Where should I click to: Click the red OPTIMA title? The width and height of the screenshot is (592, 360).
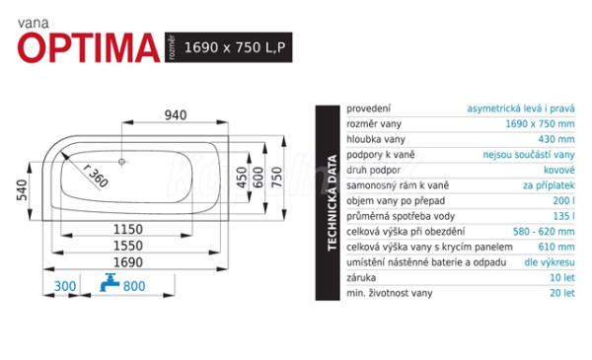pos(89,47)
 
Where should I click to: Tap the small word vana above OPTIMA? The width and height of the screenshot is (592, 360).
pos(34,24)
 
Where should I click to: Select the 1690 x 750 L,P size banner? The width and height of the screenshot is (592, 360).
pos(229,47)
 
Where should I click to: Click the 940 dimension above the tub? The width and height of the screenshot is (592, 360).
pos(176,114)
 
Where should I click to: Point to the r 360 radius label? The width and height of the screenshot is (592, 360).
pos(96,176)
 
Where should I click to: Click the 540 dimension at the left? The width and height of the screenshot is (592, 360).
pos(22,189)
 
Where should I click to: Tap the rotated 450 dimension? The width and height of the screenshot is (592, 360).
pos(242,178)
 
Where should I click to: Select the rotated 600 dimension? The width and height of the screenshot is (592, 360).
pos(259,178)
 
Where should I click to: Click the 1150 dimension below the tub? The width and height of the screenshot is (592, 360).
pos(128,229)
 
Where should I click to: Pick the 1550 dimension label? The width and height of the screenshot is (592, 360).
pos(128,246)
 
